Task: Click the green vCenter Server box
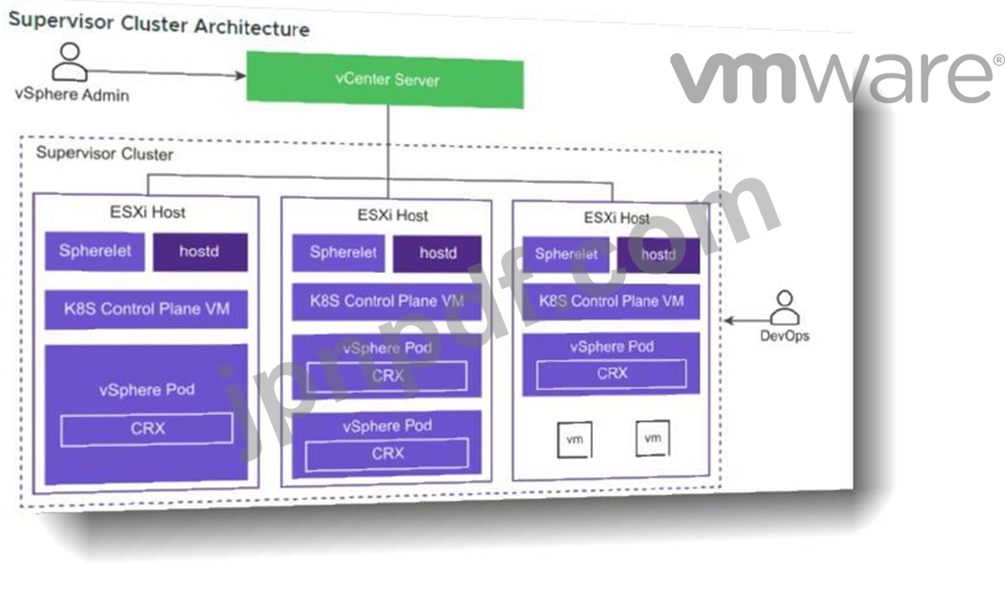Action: tap(385, 80)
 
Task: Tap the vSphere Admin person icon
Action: tap(69, 62)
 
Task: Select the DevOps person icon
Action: tap(784, 307)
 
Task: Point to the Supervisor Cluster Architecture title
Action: tap(159, 25)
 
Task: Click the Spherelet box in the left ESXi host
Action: tap(94, 251)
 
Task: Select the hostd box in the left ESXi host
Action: tap(200, 252)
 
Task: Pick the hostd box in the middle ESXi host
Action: tap(437, 254)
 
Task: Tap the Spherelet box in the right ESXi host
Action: tap(566, 254)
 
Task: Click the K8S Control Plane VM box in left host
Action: tap(146, 309)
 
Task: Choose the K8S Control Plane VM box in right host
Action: tap(611, 301)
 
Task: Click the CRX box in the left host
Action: tap(147, 429)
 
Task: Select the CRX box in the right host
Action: tap(611, 374)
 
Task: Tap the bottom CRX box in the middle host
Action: tap(387, 454)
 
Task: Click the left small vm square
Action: tap(575, 440)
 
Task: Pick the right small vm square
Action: tap(653, 439)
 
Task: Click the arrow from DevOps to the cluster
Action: tap(747, 320)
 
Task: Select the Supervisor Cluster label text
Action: tap(104, 154)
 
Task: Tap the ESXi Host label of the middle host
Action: tap(392, 216)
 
